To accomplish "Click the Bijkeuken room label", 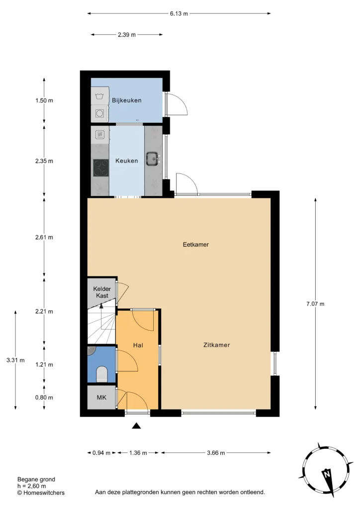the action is coord(127,100).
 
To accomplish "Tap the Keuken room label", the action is coord(127,161).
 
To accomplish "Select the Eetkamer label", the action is coord(196,245).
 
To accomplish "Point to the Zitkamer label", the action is coord(216,345).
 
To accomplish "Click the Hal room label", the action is coord(138,345).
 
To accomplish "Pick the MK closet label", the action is coord(101,397).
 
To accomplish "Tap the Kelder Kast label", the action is coord(102,292).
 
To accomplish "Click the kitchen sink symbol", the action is coord(153,159).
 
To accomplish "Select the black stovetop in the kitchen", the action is coord(101,168).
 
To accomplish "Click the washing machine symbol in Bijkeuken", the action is coord(99,96).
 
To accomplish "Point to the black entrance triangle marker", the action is coord(136,425).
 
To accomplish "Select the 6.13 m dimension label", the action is coord(179,13).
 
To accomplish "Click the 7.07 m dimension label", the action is coord(315,304).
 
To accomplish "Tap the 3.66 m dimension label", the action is coord(216,453).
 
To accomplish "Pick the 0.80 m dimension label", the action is coord(44,397).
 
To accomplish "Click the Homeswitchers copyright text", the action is coord(41,493).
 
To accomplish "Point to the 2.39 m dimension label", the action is coord(127,35).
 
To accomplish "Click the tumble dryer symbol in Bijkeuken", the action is coord(99,113).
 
